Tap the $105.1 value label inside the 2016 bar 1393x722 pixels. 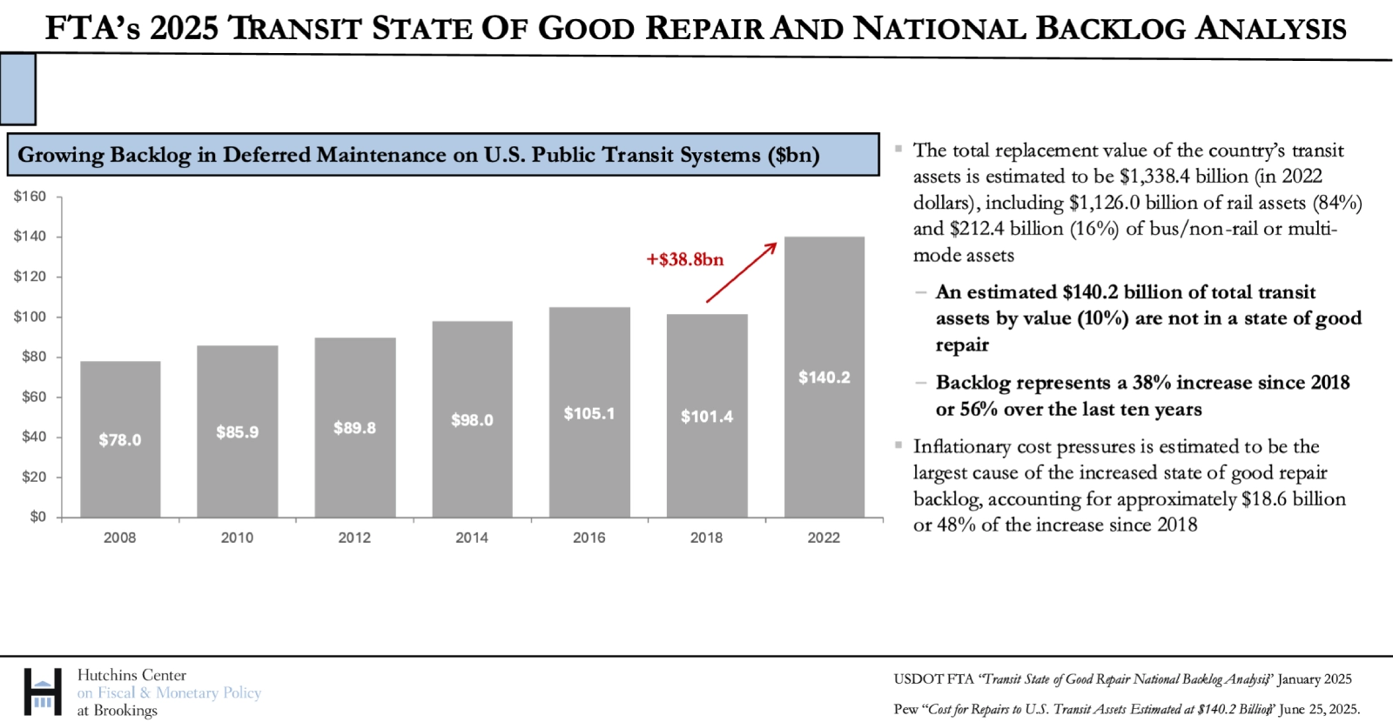tap(589, 413)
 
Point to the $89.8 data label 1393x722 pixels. tap(354, 428)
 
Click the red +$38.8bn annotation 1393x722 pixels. tap(685, 259)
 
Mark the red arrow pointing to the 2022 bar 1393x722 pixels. tap(741, 272)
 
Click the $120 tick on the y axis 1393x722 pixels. tap(30, 277)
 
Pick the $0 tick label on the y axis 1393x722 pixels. tap(37, 517)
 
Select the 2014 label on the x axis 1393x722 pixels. tap(472, 538)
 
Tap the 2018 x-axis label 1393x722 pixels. tap(706, 538)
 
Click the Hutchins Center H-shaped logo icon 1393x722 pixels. tap(43, 692)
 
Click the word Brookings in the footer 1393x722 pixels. tap(125, 711)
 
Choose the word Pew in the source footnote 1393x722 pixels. tap(905, 709)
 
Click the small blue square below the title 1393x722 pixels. tap(17, 89)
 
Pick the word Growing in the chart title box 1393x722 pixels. tap(60, 155)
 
